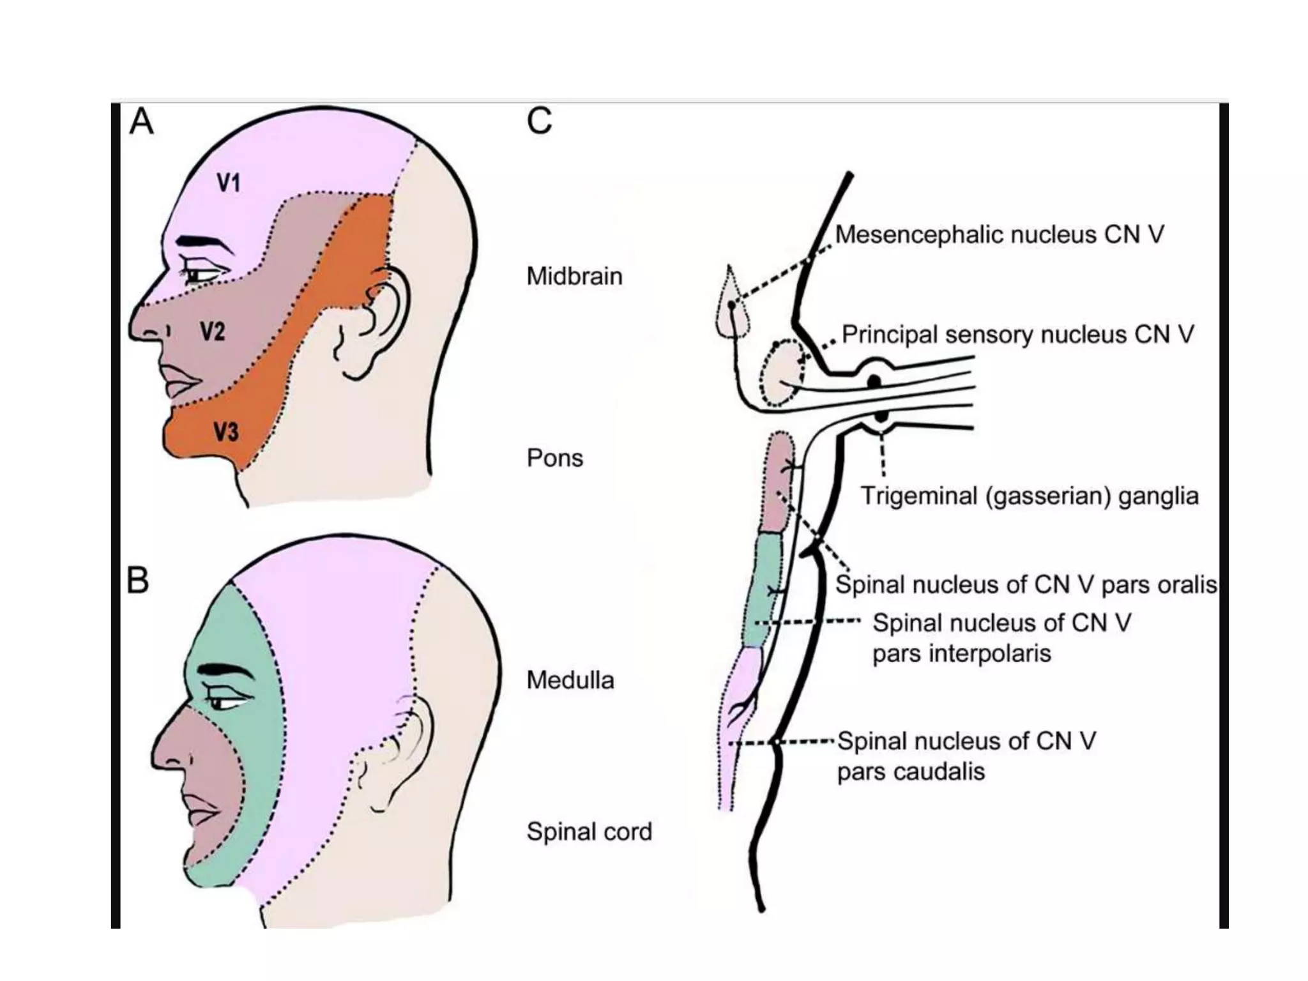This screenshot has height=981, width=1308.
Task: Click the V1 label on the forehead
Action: click(x=228, y=183)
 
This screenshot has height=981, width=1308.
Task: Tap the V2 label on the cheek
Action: click(x=213, y=331)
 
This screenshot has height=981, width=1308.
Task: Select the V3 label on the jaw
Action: click(x=225, y=432)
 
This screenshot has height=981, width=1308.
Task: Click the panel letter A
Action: click(x=141, y=121)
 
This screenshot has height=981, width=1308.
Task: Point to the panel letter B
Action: click(x=138, y=581)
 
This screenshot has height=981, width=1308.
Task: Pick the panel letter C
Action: click(x=539, y=120)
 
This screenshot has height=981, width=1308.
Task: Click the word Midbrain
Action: click(x=574, y=276)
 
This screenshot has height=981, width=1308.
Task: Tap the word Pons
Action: click(x=554, y=458)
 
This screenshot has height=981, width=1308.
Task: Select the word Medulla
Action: click(x=570, y=680)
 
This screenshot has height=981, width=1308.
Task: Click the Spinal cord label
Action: click(x=589, y=832)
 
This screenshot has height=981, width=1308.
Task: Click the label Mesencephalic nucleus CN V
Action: click(x=999, y=234)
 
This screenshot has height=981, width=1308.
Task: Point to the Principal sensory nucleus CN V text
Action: click(x=1017, y=334)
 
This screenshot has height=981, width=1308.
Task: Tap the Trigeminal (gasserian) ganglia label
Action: click(x=1029, y=496)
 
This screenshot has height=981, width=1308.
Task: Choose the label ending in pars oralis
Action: click(x=1026, y=584)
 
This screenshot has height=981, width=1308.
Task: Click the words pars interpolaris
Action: click(x=961, y=653)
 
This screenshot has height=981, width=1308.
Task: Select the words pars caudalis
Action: click(x=911, y=772)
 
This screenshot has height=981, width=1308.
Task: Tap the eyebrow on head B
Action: click(x=223, y=670)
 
